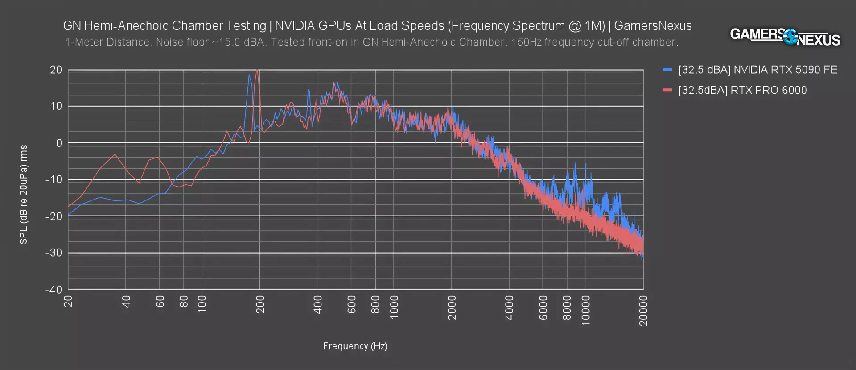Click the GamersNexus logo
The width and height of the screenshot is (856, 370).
[x=785, y=37]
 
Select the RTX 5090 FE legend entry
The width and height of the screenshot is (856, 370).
[x=757, y=70]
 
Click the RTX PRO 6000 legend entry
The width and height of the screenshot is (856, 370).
[x=742, y=91]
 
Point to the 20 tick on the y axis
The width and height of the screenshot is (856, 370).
[x=56, y=70]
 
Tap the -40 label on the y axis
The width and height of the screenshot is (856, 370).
[x=53, y=290]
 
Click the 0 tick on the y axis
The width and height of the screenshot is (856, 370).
[x=59, y=143]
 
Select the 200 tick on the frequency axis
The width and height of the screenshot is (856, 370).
[x=260, y=304]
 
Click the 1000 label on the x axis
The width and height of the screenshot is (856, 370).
[x=394, y=307]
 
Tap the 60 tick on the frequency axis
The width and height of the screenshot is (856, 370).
[x=160, y=302]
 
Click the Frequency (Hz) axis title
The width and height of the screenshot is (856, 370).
[x=355, y=346]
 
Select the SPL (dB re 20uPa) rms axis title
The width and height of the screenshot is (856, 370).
[x=24, y=194]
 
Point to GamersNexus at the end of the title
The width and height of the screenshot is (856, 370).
[x=653, y=26]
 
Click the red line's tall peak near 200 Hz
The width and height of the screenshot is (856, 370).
[x=257, y=70]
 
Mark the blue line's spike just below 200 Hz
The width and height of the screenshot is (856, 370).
[x=249, y=75]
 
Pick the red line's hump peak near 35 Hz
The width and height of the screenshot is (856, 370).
[x=115, y=154]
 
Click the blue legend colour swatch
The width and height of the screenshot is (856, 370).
[x=667, y=70]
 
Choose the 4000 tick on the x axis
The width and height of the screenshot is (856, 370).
[x=509, y=308]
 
